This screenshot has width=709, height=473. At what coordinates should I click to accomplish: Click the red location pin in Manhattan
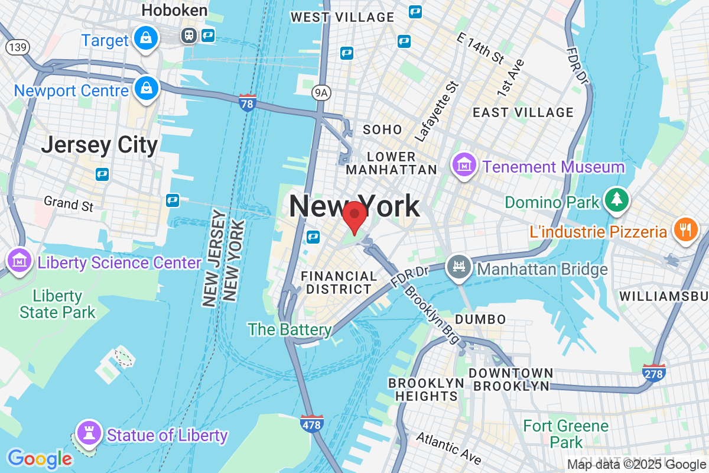tap(354, 216)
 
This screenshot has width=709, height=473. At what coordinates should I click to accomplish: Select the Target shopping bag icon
tap(144, 38)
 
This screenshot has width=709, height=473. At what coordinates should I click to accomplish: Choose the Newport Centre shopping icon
tap(145, 89)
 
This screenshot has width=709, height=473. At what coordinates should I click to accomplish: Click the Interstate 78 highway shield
tap(248, 102)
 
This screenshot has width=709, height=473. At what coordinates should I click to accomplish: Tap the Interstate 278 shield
tap(653, 372)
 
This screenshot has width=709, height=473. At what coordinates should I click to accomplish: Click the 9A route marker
tap(320, 91)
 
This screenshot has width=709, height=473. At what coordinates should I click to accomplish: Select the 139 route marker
tap(17, 47)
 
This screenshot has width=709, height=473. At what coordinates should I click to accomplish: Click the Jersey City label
tap(99, 145)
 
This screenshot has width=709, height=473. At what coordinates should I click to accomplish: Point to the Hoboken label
tap(175, 10)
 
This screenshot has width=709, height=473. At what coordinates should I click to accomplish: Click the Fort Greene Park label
tap(566, 433)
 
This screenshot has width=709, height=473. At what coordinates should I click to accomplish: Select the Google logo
tap(40, 458)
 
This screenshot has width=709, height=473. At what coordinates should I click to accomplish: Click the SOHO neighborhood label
tap(382, 129)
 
